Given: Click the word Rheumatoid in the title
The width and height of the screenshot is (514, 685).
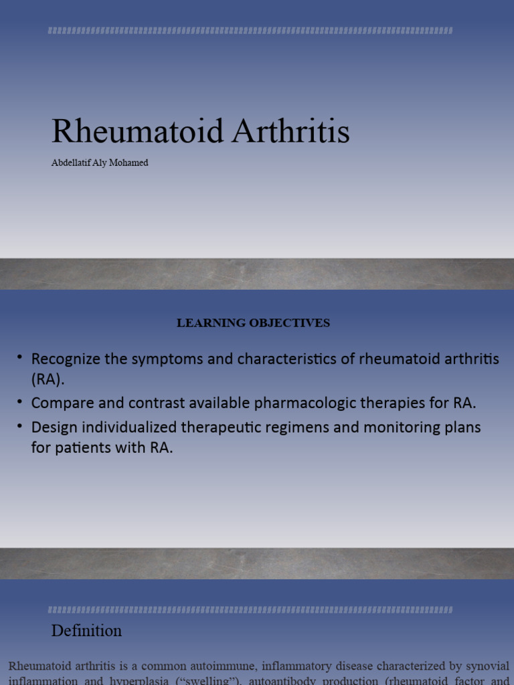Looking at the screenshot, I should coord(138,132).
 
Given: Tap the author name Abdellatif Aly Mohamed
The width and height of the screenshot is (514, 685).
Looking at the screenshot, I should coord(100,163).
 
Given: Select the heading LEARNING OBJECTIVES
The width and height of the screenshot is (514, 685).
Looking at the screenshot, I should coord(253,323).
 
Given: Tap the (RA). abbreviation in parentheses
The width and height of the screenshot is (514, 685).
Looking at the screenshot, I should coord(49,379).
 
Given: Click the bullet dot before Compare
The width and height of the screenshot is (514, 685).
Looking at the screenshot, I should coord(21,403).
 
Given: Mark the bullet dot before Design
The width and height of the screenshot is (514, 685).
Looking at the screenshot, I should coord(21,427).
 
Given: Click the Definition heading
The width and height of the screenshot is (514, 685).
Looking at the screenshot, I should coord(86,631).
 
